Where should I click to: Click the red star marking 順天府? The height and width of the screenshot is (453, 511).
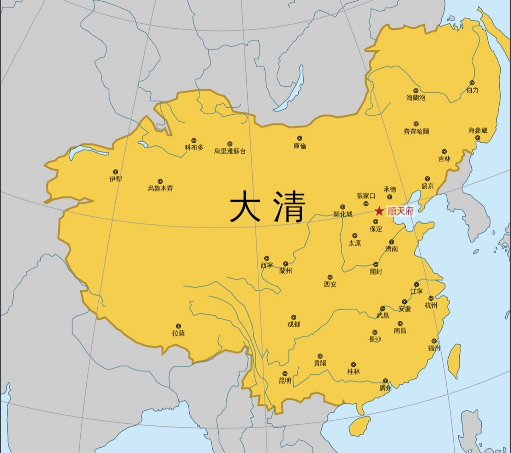[x=379, y=212]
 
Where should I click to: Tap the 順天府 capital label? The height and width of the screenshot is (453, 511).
[x=400, y=211]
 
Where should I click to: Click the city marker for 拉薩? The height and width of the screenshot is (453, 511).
[x=178, y=326]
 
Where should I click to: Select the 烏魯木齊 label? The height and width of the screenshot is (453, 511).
[x=160, y=189]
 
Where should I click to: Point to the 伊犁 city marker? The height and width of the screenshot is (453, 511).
[x=115, y=172]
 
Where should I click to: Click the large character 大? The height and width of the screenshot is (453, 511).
[x=245, y=206]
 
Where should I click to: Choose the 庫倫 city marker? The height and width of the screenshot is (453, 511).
[x=299, y=138]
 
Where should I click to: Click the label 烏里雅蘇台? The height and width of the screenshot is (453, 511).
[x=230, y=151]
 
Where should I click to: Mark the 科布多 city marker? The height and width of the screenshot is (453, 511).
[x=194, y=141]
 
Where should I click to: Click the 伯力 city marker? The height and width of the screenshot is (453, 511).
[x=472, y=83]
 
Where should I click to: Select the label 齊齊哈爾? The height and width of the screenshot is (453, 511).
[x=416, y=132]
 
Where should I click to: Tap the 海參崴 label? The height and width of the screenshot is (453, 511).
[x=478, y=131]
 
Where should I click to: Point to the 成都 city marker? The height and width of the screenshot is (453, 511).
[x=293, y=317]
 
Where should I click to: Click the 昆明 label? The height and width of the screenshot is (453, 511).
[x=285, y=381]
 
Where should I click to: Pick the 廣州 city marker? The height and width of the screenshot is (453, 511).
[x=385, y=381]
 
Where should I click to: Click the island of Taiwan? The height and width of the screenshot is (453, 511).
[x=454, y=361]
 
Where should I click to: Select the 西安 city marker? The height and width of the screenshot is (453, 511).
[x=330, y=277]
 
